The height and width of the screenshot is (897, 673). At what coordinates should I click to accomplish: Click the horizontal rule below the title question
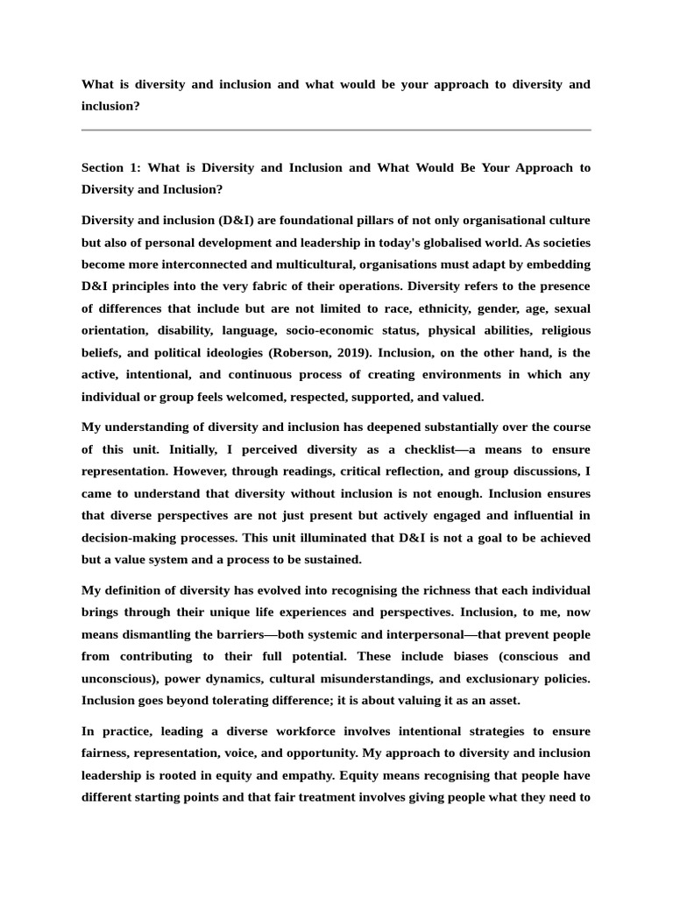[x=336, y=130]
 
